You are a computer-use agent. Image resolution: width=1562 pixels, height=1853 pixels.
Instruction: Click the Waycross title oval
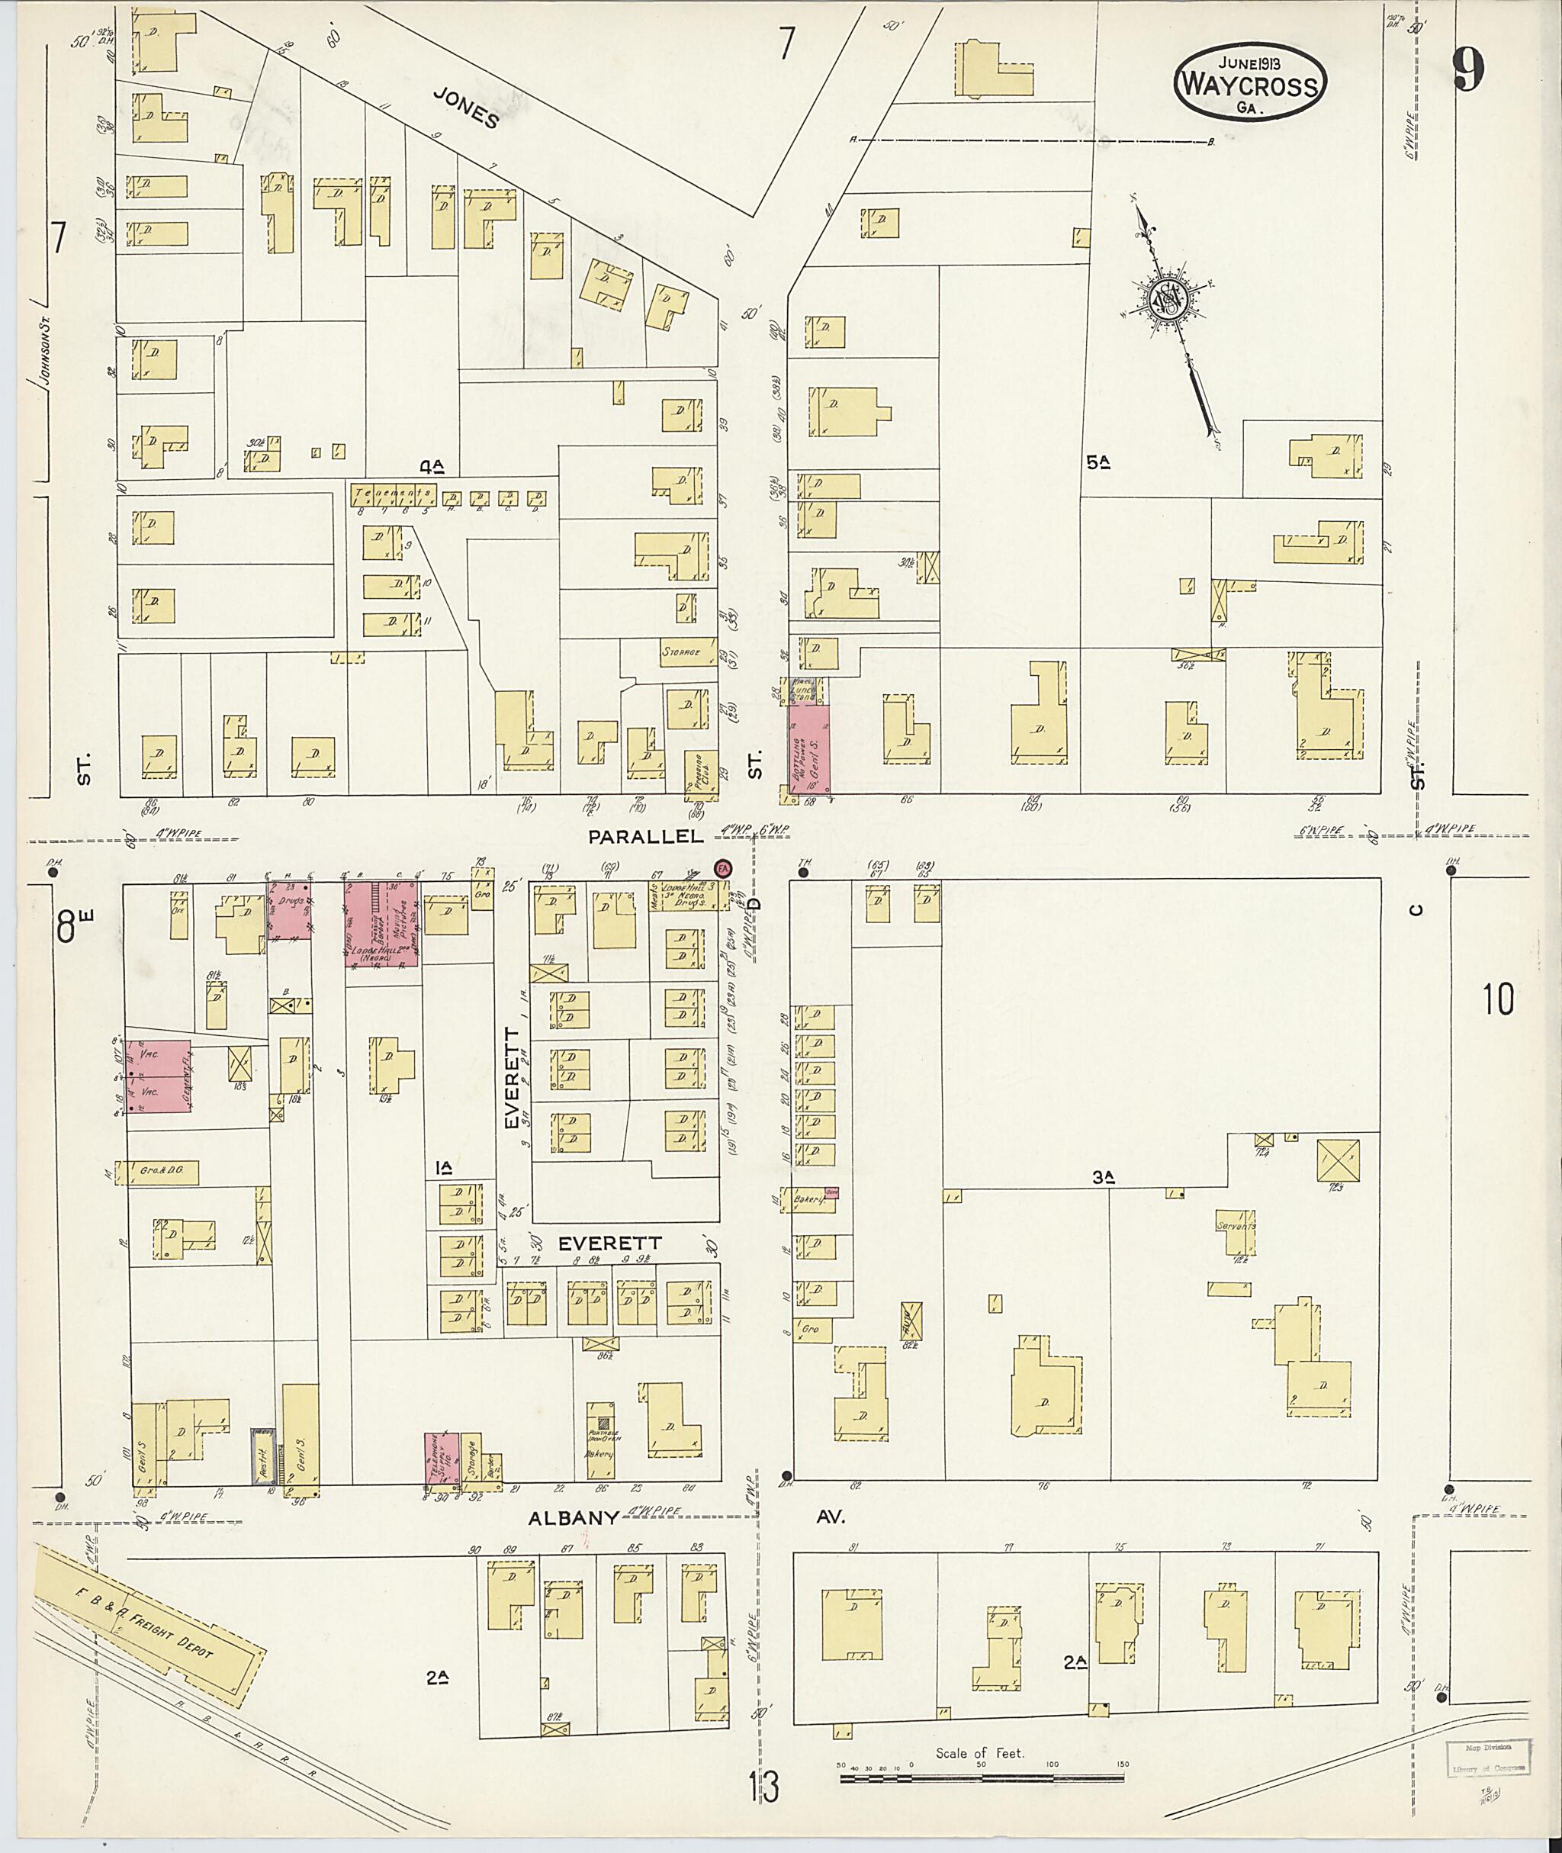point(1249,82)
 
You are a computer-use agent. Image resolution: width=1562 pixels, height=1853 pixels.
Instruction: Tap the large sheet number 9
point(1467,70)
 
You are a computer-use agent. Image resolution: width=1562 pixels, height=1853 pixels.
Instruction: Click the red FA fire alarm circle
point(724,869)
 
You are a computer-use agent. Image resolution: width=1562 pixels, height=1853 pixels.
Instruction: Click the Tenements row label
point(392,494)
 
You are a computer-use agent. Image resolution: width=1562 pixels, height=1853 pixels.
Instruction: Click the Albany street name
point(573,1517)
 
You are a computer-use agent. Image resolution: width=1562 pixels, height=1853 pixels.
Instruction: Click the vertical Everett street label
point(511,1078)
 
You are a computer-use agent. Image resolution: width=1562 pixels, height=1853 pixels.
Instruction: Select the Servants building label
point(1236,1227)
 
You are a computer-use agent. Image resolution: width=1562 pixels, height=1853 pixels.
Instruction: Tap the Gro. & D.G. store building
point(162,1172)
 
